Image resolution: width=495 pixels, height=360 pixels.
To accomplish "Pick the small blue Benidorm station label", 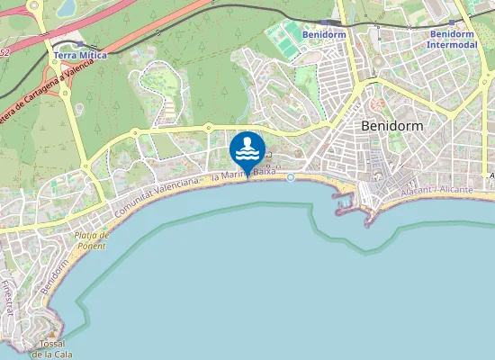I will click(325, 34).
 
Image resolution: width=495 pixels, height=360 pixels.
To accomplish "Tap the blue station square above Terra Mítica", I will click(80, 43).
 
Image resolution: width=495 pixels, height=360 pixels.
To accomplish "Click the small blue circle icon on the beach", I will click(291, 177).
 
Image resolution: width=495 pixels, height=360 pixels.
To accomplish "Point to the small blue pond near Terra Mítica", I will click(67, 9).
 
